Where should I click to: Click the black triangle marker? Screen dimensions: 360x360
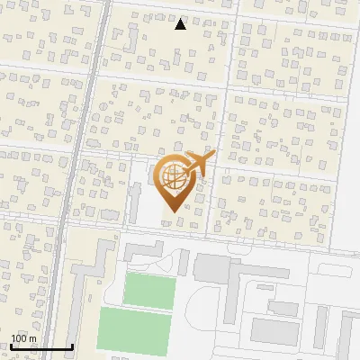(181, 24)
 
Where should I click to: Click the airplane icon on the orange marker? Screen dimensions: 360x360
(200, 164)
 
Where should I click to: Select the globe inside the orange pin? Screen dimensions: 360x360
(173, 176)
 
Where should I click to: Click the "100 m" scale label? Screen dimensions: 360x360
(23, 338)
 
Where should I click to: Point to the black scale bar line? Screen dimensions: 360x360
(41, 346)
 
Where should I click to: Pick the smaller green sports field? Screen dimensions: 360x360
(148, 290)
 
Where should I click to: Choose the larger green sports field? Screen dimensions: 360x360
(134, 329)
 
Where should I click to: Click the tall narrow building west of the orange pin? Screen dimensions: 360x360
(137, 202)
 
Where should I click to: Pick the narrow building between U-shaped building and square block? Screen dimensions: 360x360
(184, 263)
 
